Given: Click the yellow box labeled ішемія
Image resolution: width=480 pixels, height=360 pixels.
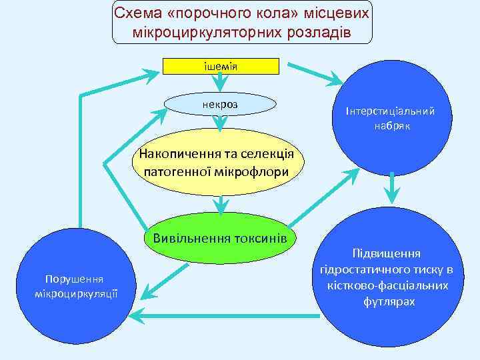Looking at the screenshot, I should click(x=221, y=66).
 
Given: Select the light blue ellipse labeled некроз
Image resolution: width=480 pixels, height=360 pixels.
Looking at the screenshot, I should click(x=220, y=104).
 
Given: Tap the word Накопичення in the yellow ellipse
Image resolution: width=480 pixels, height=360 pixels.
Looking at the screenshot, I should click(x=177, y=155).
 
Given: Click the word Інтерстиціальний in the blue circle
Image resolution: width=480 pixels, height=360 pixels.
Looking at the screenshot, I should click(x=390, y=111).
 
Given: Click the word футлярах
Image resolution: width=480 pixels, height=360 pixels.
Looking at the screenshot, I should click(x=389, y=302).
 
